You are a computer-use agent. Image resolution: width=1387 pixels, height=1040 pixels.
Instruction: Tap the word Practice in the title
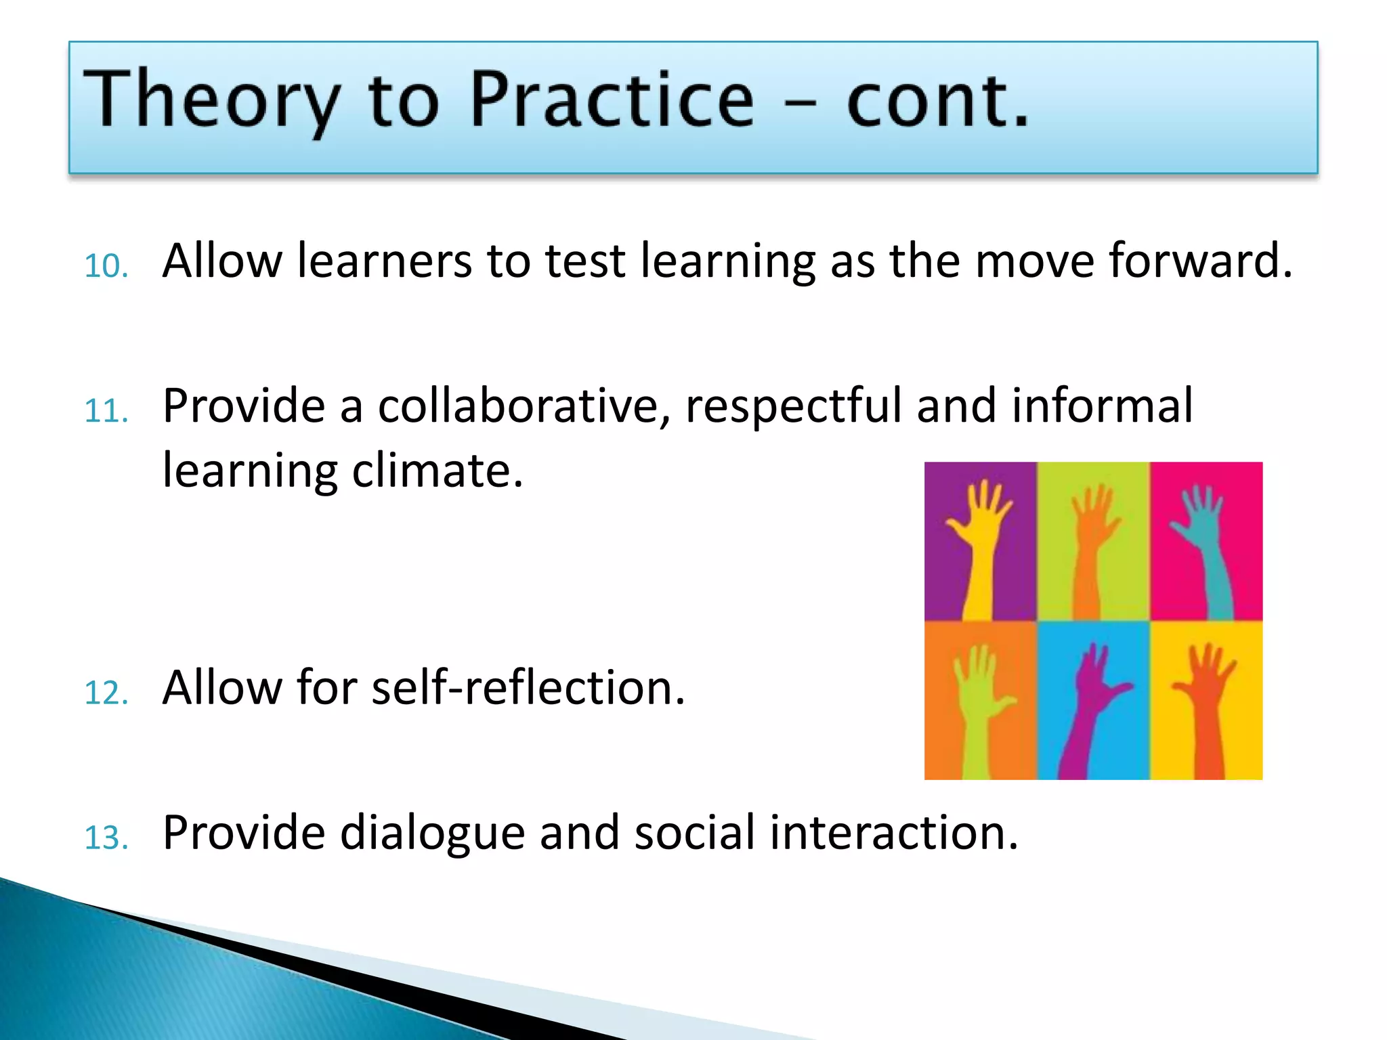click(611, 100)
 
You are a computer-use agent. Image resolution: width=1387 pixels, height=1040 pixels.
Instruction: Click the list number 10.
click(106, 265)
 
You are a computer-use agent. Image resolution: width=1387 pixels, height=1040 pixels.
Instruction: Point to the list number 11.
click(106, 411)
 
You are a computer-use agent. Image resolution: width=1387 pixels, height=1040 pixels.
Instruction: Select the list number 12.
click(106, 693)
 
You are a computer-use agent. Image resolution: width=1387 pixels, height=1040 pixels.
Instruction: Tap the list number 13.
click(106, 838)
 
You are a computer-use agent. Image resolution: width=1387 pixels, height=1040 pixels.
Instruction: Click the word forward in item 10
click(1200, 261)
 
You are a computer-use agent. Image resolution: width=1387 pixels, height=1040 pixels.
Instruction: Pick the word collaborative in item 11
click(524, 406)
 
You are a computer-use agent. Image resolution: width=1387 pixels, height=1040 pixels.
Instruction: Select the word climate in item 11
click(438, 471)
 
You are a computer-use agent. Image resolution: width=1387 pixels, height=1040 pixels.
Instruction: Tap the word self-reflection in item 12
click(528, 688)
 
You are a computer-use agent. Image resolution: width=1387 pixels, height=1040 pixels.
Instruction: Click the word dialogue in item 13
click(431, 833)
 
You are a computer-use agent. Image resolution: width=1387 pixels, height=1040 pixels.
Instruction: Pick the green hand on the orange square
click(975, 704)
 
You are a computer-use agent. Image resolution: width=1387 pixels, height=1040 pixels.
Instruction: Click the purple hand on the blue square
click(1087, 704)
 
